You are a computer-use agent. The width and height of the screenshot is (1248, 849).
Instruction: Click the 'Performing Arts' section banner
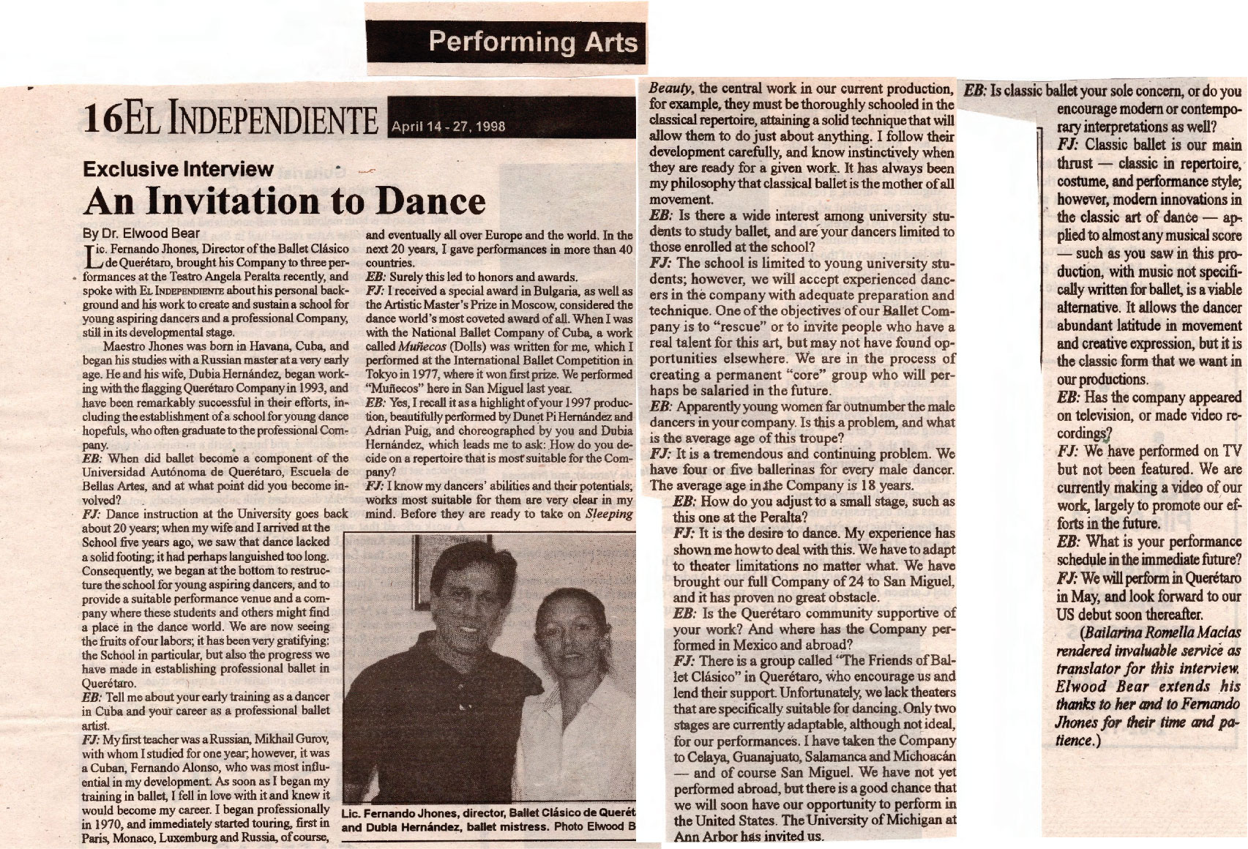point(532,42)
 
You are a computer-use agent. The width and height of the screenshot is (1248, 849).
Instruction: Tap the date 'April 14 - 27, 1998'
point(448,126)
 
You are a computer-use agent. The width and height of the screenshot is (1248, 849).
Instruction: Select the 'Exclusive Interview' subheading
point(178,169)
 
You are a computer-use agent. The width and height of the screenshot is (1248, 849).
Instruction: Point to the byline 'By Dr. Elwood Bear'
point(141,234)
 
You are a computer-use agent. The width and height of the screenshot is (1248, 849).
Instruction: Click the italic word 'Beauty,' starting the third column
point(672,89)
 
